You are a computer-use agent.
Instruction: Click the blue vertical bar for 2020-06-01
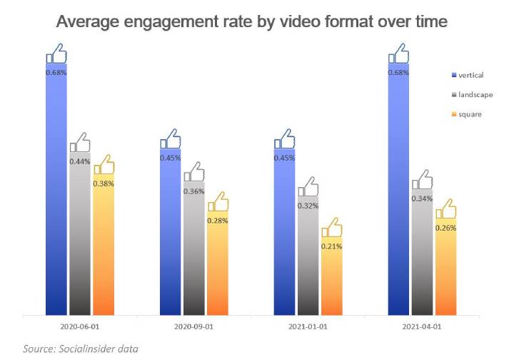click(56, 193)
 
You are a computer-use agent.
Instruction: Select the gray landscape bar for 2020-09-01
click(193, 250)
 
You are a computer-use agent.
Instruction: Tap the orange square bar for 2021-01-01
click(331, 279)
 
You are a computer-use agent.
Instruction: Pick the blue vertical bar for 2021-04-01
click(398, 193)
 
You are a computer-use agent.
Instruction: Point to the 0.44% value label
click(80, 162)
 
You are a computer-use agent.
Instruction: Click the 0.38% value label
click(104, 184)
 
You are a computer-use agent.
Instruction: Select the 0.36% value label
click(193, 191)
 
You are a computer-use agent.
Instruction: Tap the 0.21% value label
click(331, 246)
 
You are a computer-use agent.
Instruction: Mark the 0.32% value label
click(308, 206)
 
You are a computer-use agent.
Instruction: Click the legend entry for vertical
click(468, 74)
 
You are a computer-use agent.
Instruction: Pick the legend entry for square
click(468, 114)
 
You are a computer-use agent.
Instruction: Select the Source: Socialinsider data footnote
click(80, 349)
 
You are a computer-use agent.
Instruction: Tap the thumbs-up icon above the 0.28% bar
click(217, 201)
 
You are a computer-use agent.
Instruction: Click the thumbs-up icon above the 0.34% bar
click(422, 180)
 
